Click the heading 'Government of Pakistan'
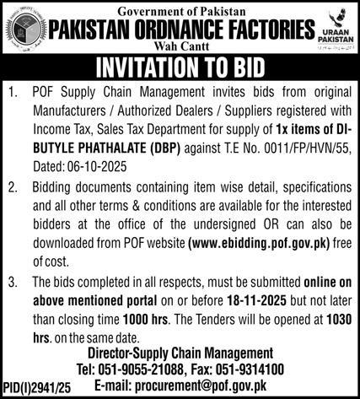(180, 9)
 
